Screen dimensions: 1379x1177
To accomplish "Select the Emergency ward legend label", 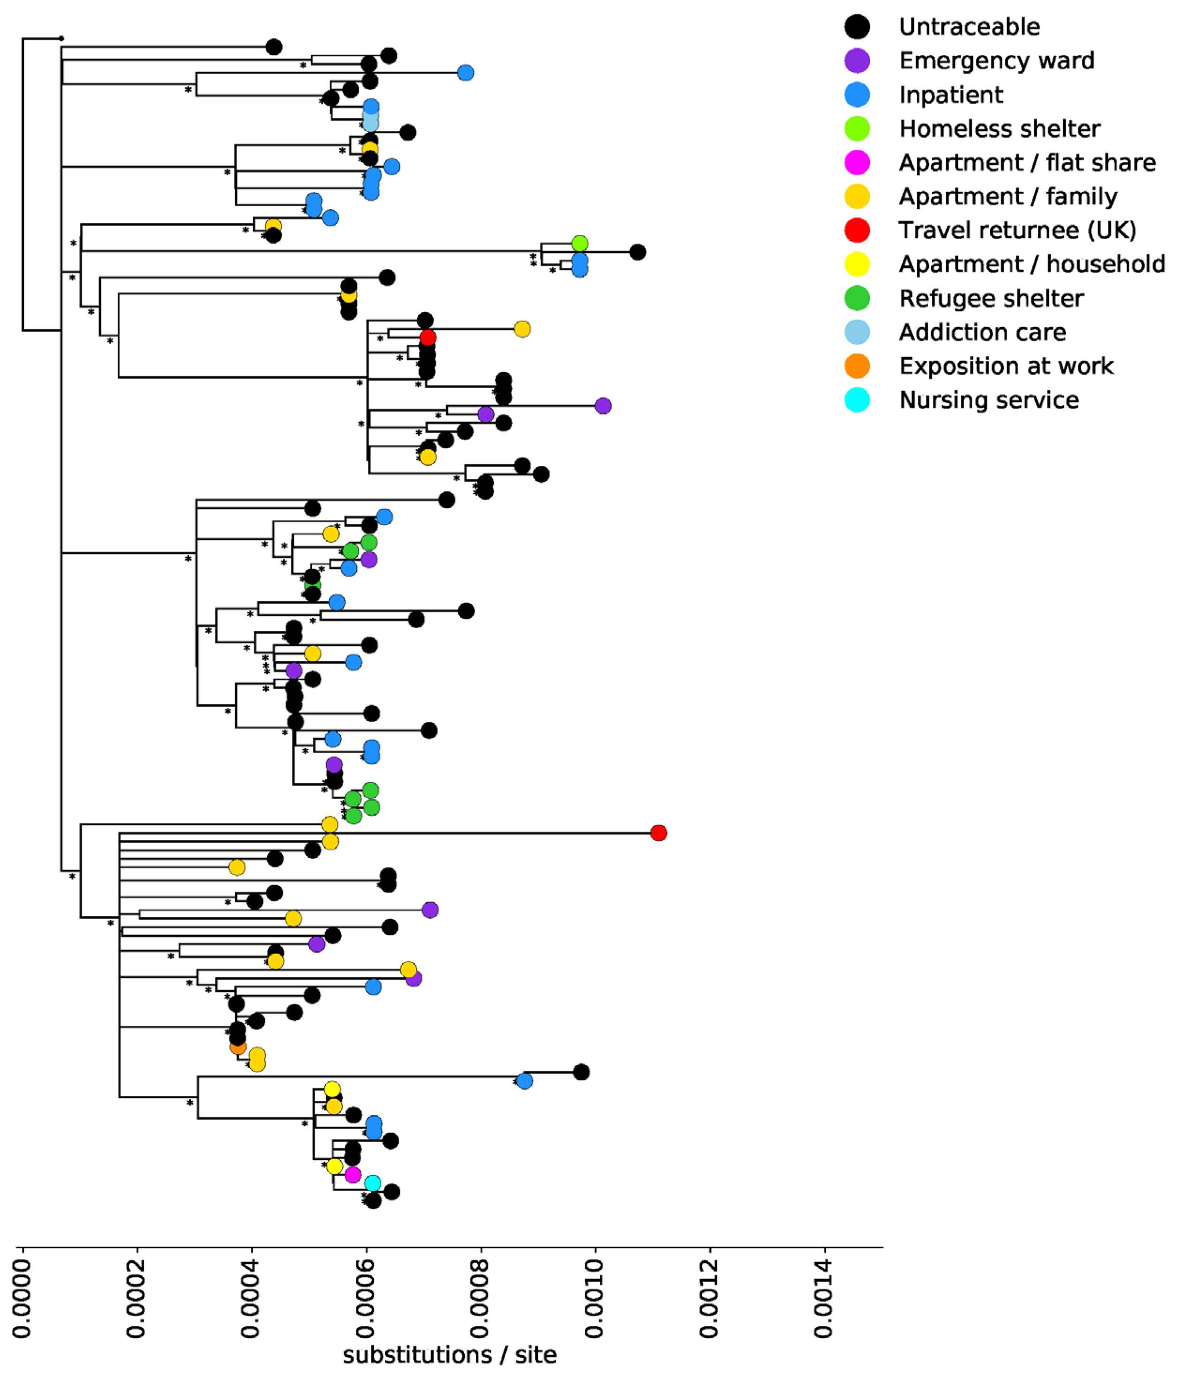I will tap(996, 60).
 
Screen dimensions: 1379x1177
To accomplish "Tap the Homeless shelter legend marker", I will tap(857, 128).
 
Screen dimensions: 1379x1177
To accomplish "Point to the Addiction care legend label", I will tap(982, 332).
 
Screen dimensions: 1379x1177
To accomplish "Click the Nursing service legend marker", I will tap(857, 400).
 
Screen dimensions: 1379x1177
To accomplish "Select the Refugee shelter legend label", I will tap(990, 298).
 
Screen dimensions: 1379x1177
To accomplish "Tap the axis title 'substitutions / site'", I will tap(449, 1354).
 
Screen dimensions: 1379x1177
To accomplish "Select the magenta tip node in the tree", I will tap(353, 1175).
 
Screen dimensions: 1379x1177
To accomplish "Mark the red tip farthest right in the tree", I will tap(658, 833).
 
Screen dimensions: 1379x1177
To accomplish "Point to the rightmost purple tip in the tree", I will tap(603, 405).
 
